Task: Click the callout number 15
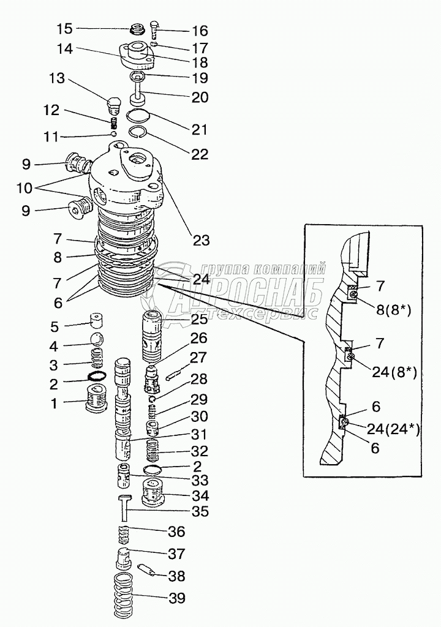tap(64, 28)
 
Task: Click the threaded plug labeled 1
tap(98, 401)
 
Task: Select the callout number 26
tap(198, 338)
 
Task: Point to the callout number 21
tap(199, 130)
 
